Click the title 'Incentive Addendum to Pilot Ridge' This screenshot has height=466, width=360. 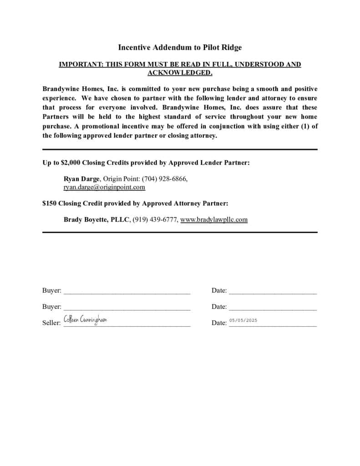180,47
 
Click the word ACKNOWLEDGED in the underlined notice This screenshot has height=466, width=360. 180,72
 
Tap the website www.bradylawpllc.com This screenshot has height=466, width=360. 214,219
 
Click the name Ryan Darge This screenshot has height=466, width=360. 81,179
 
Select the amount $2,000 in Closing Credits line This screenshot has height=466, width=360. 70,162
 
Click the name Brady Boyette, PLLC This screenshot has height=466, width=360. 97,219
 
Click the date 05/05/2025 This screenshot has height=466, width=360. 243,320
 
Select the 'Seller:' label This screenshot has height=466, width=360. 51,323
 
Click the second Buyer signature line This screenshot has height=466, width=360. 127,310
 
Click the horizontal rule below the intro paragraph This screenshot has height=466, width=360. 180,149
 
